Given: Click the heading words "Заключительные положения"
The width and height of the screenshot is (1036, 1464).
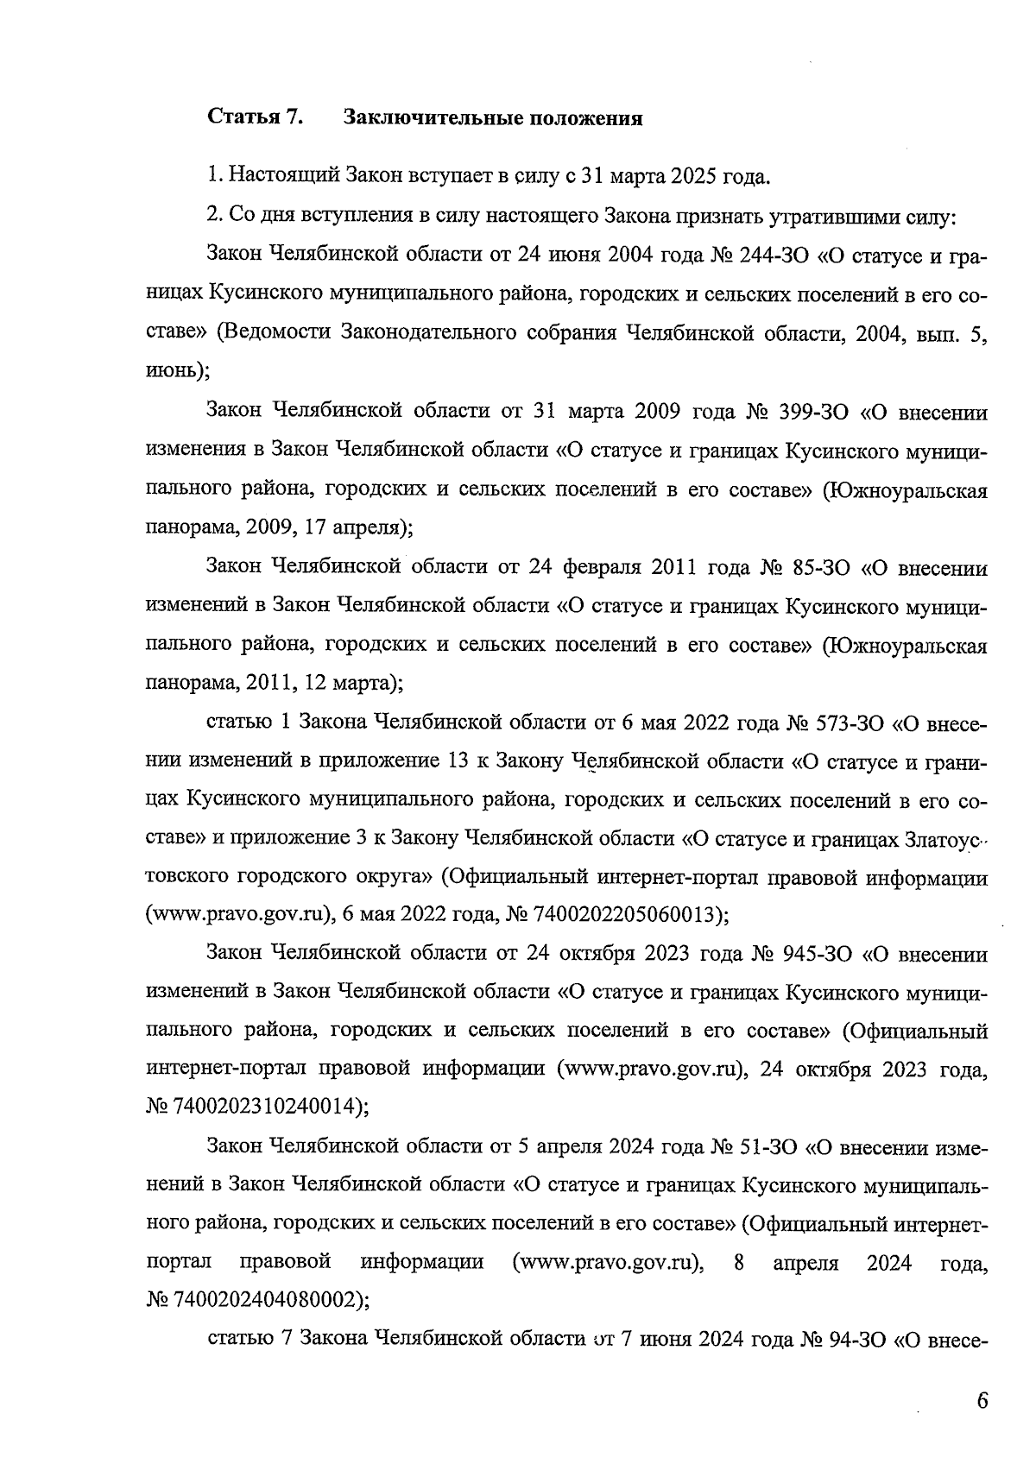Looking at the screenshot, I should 493,118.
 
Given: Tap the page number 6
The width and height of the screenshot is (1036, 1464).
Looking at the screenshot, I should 982,1400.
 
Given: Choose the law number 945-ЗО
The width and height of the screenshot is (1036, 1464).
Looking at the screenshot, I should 816,954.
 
